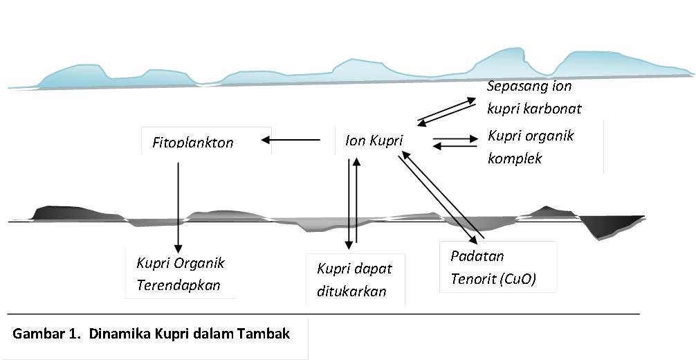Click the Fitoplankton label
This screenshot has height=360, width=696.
coord(193,143)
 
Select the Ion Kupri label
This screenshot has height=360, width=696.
coord(374,141)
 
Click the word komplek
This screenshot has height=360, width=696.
coord(515,158)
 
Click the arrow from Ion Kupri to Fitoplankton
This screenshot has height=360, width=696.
coord(291,141)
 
